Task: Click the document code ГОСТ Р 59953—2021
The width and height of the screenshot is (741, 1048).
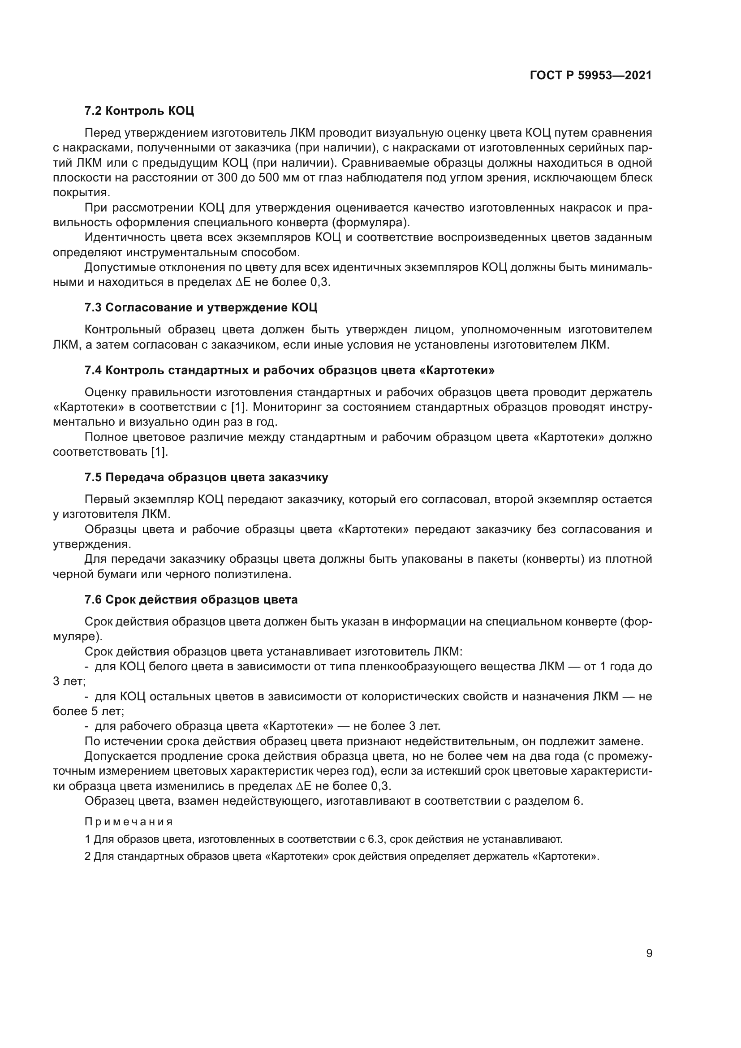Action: pos(590,75)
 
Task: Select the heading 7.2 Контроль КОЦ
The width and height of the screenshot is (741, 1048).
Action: pos(139,111)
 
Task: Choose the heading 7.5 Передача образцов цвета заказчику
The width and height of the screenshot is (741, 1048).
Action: pos(206,478)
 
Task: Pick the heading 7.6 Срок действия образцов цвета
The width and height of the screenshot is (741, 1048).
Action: pos(191,599)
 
